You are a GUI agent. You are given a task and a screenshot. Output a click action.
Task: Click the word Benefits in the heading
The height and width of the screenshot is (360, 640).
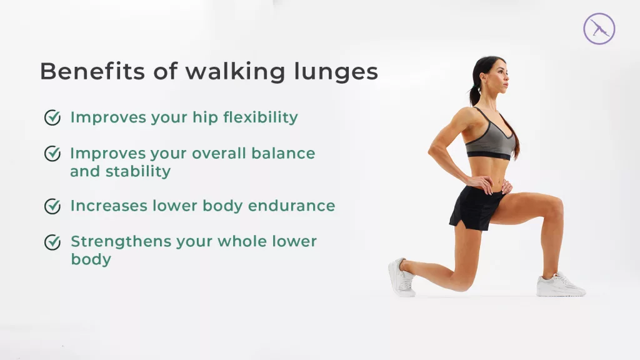click(x=92, y=71)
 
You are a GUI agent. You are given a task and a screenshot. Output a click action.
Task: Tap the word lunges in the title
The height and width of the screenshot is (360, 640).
click(x=336, y=72)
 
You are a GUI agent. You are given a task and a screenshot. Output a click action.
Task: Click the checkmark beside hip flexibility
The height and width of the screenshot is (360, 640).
click(x=52, y=117)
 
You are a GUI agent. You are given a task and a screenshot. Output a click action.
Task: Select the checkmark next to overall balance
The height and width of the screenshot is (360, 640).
click(x=52, y=154)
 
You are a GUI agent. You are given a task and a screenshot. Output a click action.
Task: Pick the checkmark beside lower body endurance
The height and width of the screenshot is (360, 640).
click(x=52, y=206)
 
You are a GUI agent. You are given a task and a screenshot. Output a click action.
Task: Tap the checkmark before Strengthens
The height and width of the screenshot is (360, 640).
click(x=52, y=242)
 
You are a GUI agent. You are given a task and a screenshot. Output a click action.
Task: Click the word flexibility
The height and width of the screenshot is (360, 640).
click(x=261, y=117)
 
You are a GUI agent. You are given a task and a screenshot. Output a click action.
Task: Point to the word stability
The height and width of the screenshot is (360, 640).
click(x=138, y=171)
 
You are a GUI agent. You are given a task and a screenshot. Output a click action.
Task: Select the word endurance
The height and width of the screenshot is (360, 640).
click(x=291, y=206)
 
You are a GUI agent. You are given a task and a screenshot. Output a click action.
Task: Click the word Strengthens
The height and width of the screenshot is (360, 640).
click(x=121, y=242)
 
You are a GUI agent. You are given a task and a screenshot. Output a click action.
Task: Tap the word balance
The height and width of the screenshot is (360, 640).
click(x=283, y=154)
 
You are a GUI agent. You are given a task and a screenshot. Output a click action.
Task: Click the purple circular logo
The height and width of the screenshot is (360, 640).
click(x=599, y=29)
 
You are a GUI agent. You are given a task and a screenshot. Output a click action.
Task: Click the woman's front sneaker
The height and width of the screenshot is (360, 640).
click(x=560, y=284)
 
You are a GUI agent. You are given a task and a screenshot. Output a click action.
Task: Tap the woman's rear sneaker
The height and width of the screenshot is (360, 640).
click(x=402, y=277)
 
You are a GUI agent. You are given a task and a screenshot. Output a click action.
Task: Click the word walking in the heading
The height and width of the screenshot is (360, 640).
click(x=235, y=72)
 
